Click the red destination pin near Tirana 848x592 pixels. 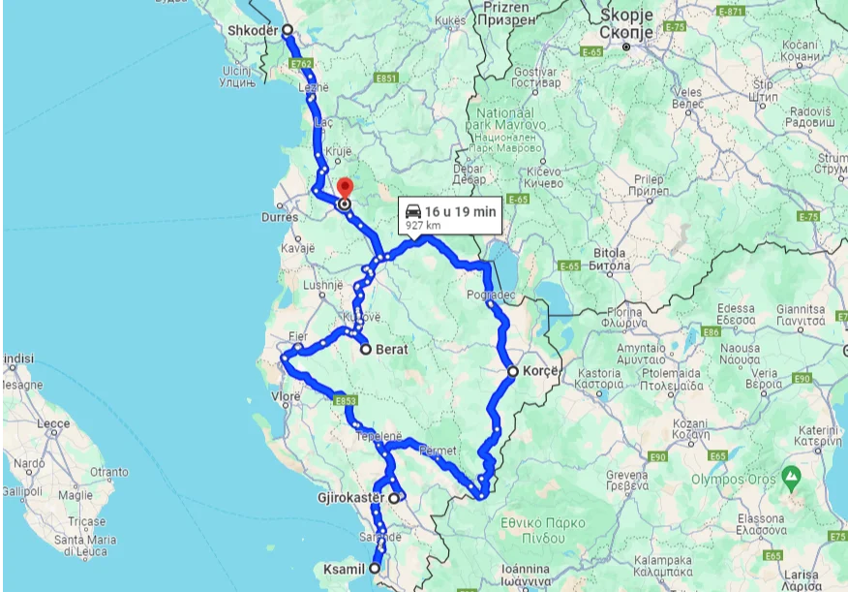[x=345, y=187]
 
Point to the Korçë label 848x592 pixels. [x=540, y=370]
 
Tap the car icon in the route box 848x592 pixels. [x=412, y=210]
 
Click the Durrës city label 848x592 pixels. [x=293, y=219]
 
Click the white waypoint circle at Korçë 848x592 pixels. [x=513, y=370]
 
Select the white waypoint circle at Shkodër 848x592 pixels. [x=288, y=30]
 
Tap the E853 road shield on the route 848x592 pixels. [x=345, y=400]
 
